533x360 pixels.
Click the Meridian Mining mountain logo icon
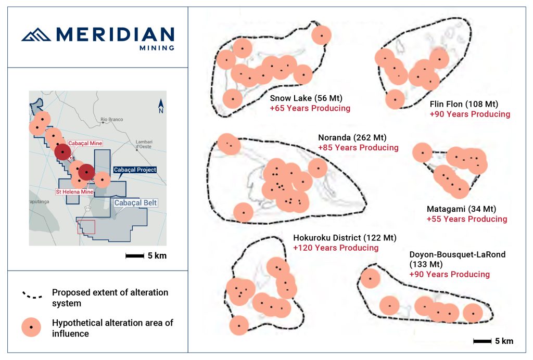(x=36, y=35)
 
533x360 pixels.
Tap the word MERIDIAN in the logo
(x=115, y=34)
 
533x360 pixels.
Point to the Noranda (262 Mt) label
(x=351, y=137)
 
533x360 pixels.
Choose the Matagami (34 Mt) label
(x=461, y=209)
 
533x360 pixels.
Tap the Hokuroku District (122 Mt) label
(x=345, y=238)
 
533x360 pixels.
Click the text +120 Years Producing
(x=335, y=248)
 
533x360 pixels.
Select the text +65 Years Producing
(x=310, y=108)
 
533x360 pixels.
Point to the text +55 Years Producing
(x=466, y=219)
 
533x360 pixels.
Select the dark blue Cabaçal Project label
(x=134, y=170)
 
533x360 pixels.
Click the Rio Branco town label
(x=112, y=119)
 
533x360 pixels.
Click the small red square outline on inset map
(x=86, y=227)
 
